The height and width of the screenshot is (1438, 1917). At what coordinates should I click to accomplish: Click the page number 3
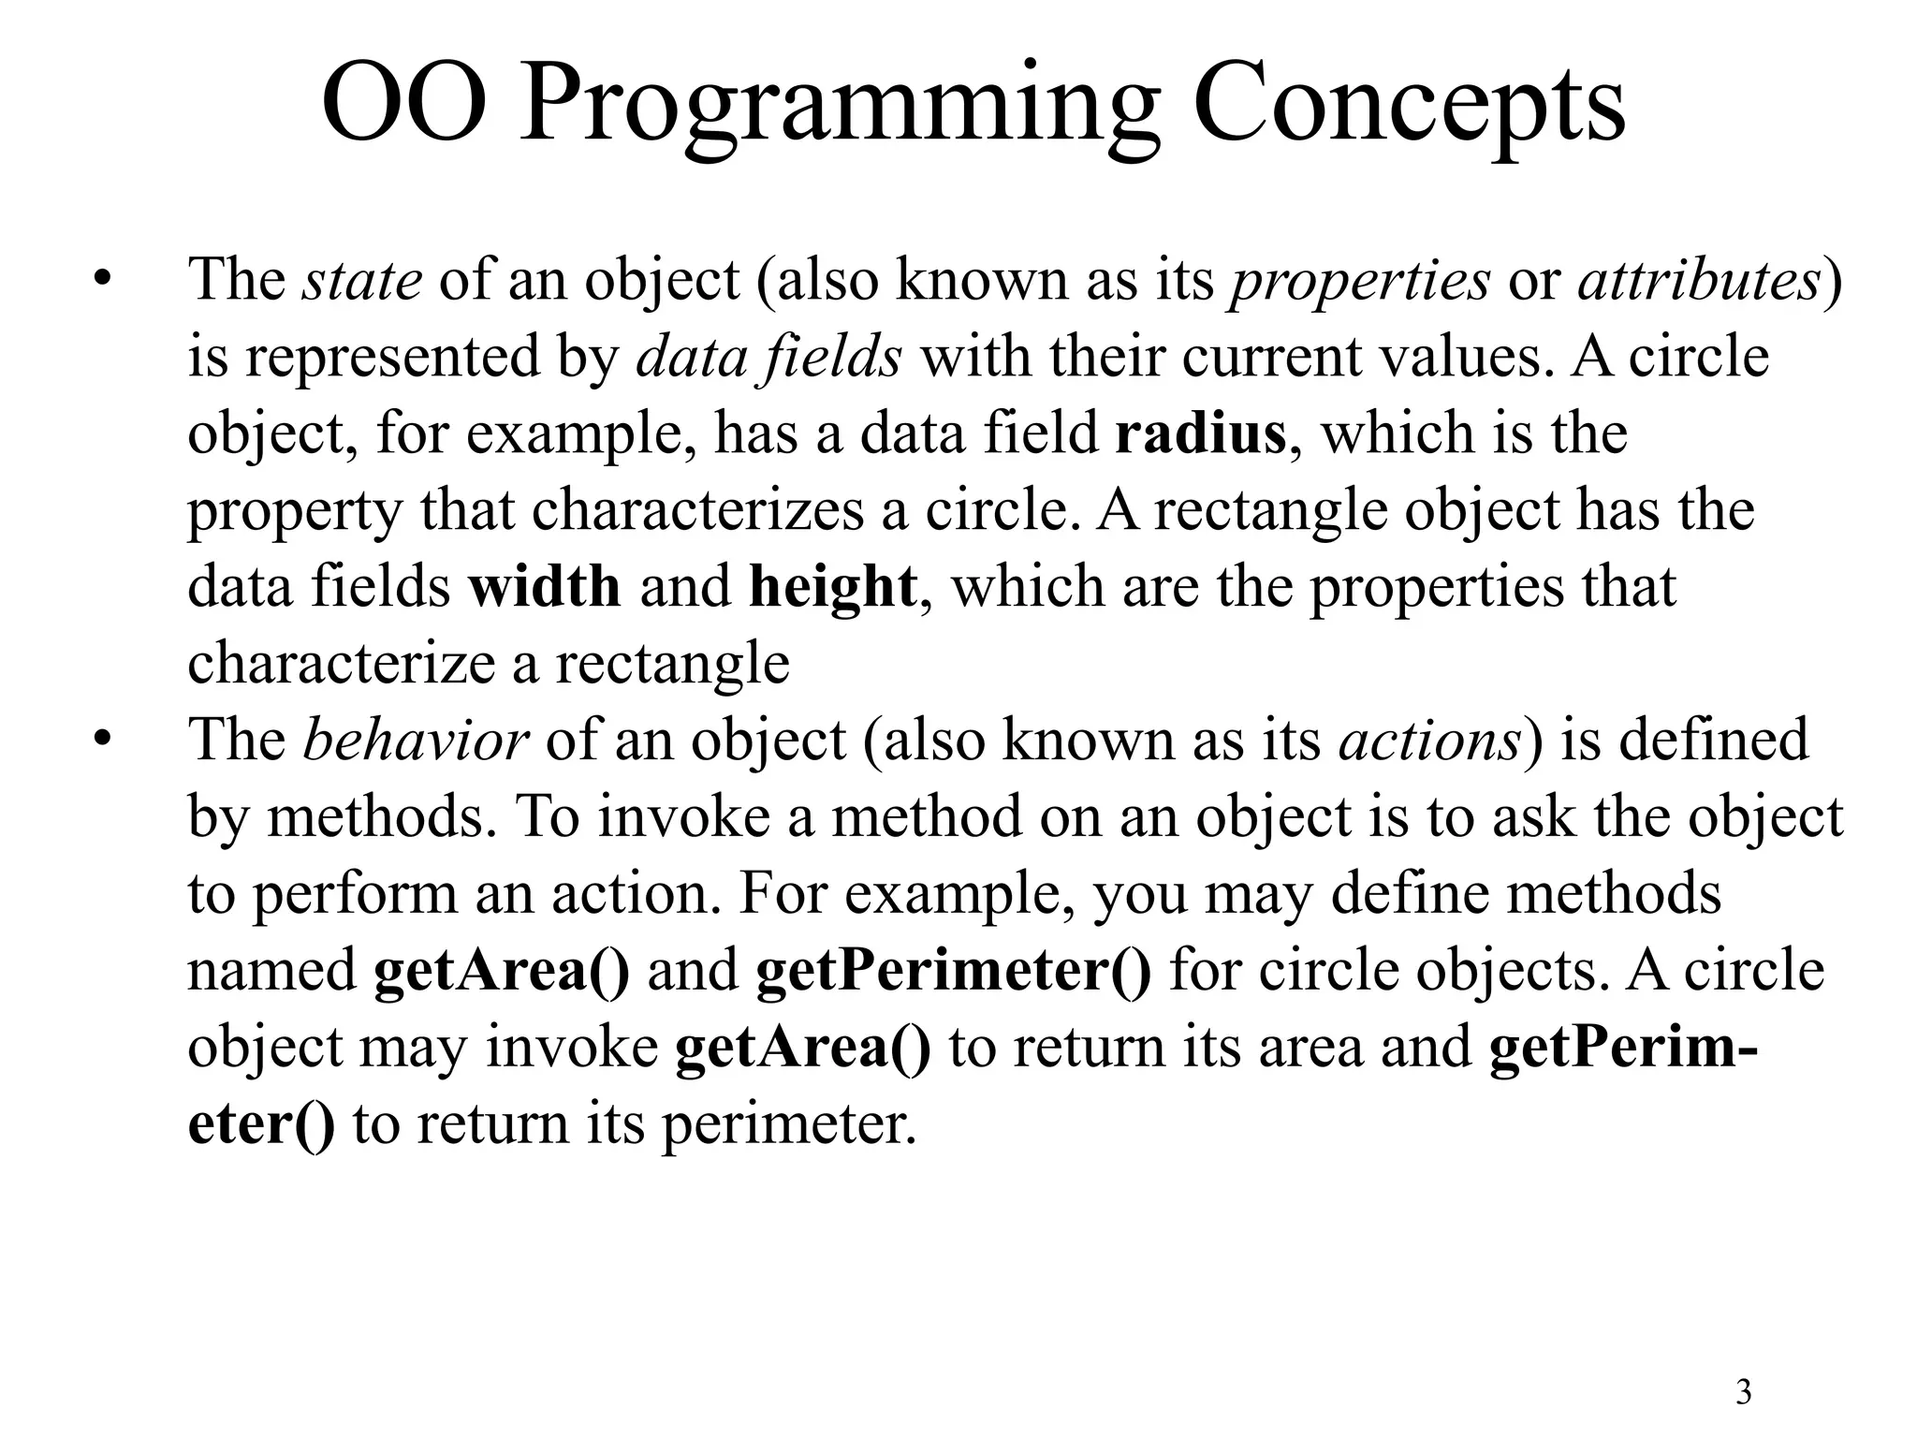point(1744,1392)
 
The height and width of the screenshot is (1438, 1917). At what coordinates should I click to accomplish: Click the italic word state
point(362,279)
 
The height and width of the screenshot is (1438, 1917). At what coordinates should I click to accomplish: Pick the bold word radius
point(1201,433)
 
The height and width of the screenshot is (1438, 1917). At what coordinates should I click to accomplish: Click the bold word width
point(545,587)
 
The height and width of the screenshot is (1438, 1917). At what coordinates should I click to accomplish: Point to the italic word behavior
point(417,740)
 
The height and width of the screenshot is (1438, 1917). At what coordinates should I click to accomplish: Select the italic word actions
point(1430,741)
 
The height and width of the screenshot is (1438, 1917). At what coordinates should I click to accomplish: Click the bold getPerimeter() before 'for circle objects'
point(954,971)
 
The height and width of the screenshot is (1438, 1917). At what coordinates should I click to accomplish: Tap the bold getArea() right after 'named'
point(502,971)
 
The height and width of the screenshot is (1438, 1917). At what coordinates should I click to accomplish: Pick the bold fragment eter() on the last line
point(261,1124)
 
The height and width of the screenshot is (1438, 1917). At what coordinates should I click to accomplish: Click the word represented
point(393,357)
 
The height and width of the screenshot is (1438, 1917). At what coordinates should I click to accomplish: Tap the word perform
point(355,894)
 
